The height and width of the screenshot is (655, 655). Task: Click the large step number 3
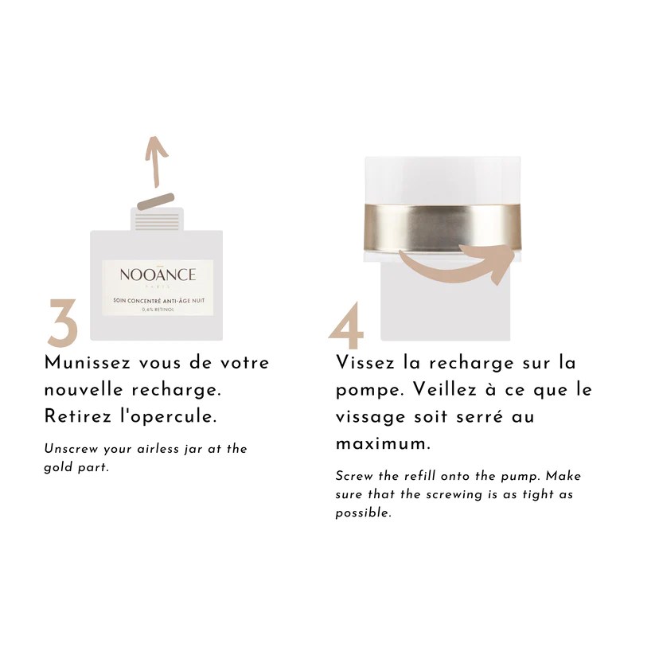click(x=63, y=322)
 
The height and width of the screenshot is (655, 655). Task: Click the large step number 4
click(x=346, y=325)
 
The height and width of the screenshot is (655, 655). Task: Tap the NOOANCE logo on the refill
click(x=158, y=275)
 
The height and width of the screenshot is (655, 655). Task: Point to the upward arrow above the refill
click(x=156, y=161)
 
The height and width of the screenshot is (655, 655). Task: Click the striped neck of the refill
click(x=158, y=221)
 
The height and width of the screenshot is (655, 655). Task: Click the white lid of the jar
click(x=443, y=181)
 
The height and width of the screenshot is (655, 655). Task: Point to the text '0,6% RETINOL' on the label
click(x=158, y=310)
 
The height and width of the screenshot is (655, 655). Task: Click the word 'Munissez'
click(x=88, y=362)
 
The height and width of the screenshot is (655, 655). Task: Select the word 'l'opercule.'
click(x=168, y=417)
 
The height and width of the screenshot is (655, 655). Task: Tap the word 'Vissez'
click(x=365, y=362)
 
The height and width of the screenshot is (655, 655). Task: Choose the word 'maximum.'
click(x=383, y=443)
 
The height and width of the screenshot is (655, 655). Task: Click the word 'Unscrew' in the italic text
click(x=71, y=449)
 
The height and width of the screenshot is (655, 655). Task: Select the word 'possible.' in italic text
click(x=364, y=513)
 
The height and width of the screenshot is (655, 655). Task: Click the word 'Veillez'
click(x=445, y=389)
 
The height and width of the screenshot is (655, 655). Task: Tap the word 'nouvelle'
click(x=84, y=390)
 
